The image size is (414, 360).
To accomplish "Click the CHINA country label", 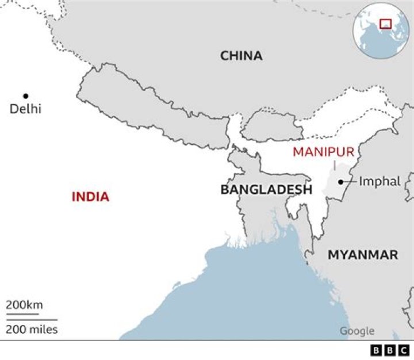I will pyautogui.click(x=241, y=56).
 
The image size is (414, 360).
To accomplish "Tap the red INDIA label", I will pyautogui.click(x=90, y=197).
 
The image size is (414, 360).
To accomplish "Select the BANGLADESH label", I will pyautogui.click(x=266, y=189).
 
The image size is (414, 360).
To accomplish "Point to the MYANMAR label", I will pyautogui.click(x=363, y=255).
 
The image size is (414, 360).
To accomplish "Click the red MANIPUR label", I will pyautogui.click(x=323, y=152).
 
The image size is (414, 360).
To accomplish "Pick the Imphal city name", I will pyautogui.click(x=379, y=182).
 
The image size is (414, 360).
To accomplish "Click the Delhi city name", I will pyautogui.click(x=26, y=108).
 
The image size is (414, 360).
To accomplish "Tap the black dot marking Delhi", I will pyautogui.click(x=25, y=95).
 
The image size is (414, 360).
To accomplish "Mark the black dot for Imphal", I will pyautogui.click(x=341, y=182).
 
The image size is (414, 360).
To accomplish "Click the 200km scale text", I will pyautogui.click(x=25, y=305).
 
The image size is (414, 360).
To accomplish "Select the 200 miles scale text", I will pyautogui.click(x=32, y=330).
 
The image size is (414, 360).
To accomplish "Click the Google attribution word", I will pyautogui.click(x=356, y=331).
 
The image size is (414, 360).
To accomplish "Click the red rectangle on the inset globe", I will pyautogui.click(x=385, y=24).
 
